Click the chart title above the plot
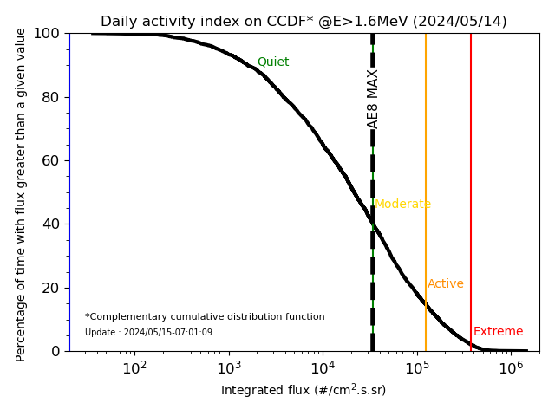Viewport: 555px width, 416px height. click(304, 22)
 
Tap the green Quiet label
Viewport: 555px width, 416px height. click(273, 62)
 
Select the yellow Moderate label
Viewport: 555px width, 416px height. click(402, 205)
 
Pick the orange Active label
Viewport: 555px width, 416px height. click(446, 284)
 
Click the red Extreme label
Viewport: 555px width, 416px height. click(498, 332)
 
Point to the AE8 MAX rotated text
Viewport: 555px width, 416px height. click(373, 99)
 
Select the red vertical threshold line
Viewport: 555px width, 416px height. click(471, 173)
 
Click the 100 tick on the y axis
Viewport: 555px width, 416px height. click(50, 34)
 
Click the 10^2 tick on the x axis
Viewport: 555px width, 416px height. click(134, 367)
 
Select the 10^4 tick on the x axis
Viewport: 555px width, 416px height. click(323, 367)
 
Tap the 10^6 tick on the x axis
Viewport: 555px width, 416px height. click(512, 367)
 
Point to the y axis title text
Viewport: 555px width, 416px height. click(22, 192)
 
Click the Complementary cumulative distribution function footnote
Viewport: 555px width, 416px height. click(205, 317)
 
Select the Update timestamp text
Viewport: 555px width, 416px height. click(148, 333)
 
